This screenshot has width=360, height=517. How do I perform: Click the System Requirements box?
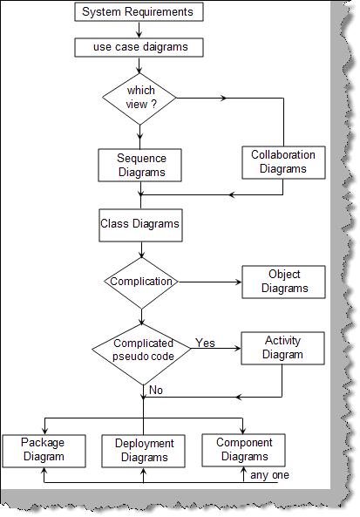(139, 12)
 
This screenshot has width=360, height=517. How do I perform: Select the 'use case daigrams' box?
(139, 47)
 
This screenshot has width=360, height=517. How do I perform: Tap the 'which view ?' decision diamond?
(139, 99)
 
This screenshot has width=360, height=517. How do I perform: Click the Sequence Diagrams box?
(139, 165)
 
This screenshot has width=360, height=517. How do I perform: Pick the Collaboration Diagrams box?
(283, 162)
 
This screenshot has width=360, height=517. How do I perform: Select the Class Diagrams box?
(140, 225)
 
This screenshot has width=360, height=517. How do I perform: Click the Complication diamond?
(141, 282)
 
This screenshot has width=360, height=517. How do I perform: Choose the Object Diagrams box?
(283, 282)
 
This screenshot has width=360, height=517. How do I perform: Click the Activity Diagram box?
(282, 348)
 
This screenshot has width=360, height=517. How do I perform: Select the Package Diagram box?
(44, 451)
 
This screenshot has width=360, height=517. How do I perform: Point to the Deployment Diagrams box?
(144, 451)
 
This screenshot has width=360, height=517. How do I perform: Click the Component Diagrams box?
(243, 450)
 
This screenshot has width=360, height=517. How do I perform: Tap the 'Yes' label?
(205, 343)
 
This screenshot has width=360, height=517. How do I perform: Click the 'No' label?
(156, 390)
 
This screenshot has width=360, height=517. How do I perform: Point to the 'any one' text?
(269, 475)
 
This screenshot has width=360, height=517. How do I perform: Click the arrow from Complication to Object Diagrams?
(210, 282)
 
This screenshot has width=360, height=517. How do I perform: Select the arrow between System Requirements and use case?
(139, 30)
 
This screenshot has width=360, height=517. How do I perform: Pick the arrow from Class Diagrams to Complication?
(141, 249)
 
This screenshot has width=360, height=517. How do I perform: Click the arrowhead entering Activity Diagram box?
(237, 348)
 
